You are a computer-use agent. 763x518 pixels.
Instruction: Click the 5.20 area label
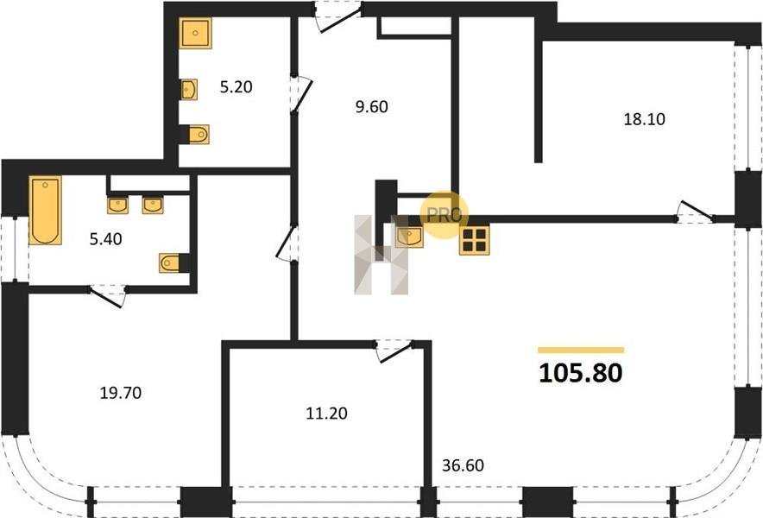tap(236, 87)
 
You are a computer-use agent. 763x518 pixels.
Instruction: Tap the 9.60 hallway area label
tap(372, 106)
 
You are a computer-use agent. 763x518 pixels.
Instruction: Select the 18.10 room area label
tap(644, 119)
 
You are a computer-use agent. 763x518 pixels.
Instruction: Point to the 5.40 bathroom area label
tap(105, 239)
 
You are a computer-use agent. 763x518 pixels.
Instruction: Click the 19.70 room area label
tap(121, 393)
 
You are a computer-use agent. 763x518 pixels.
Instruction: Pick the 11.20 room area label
tap(326, 414)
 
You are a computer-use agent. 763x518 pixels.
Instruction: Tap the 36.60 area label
tap(463, 465)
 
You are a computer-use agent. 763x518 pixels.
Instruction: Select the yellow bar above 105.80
tap(581, 350)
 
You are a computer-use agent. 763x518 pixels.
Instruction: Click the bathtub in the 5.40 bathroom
tap(45, 210)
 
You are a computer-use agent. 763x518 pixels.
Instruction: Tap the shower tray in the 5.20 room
tap(195, 33)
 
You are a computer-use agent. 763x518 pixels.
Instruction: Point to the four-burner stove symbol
tap(475, 240)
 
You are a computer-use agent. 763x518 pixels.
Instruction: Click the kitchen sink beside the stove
tap(409, 237)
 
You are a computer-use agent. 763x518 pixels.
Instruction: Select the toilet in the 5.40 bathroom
tap(170, 263)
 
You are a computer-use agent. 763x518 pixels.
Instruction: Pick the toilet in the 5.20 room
tap(199, 135)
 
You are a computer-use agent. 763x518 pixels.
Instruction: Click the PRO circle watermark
tap(444, 215)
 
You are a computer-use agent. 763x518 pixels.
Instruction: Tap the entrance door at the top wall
tap(338, 17)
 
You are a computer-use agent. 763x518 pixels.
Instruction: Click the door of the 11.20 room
tap(394, 351)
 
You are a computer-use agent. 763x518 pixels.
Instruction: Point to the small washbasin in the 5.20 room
tap(189, 90)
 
